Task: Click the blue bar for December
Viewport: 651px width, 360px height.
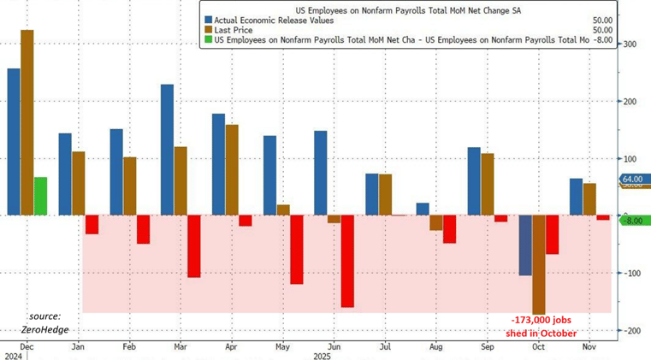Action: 14,142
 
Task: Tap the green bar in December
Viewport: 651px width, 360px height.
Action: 40,196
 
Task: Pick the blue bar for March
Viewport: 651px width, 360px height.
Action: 167,150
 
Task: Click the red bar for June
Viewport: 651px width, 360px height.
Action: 347,261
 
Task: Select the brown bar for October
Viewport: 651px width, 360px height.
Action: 539,264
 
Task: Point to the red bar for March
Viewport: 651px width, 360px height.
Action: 194,246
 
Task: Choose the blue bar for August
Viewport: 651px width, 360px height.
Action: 423,209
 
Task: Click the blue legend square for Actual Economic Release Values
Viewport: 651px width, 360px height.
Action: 208,20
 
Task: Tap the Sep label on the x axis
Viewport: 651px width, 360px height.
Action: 487,349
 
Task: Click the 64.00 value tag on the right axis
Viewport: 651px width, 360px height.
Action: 632,179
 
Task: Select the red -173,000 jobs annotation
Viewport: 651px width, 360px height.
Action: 539,326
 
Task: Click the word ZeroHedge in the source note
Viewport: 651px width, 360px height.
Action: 45,329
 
